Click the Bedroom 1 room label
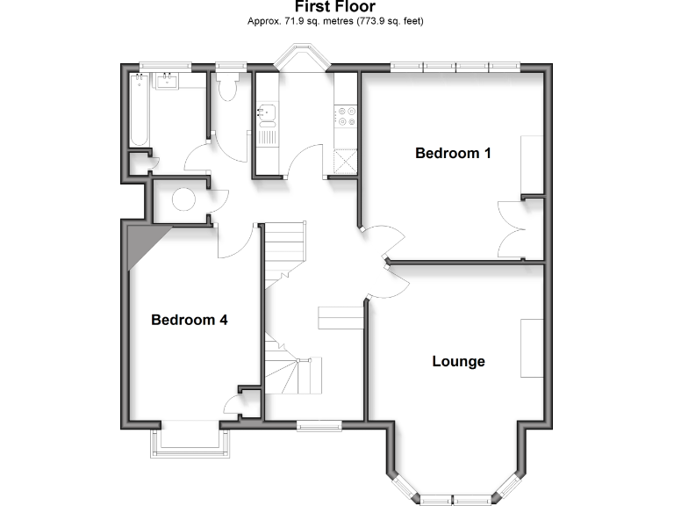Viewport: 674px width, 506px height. point(453,154)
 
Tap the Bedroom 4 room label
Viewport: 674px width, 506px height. point(190,320)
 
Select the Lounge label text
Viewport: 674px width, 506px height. point(458,361)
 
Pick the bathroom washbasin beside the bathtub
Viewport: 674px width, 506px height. point(167,82)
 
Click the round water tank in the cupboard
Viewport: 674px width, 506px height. point(183,200)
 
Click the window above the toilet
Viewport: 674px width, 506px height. point(232,64)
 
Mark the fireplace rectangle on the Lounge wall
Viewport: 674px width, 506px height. point(532,349)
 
